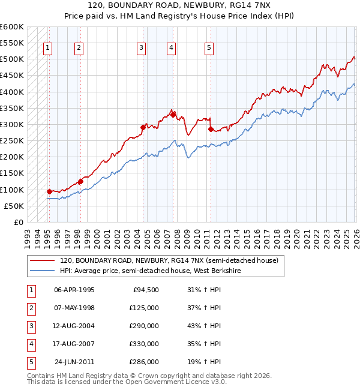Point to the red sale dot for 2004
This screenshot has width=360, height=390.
point(143,127)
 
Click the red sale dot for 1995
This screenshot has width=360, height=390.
point(49,191)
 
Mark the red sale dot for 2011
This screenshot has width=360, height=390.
point(211,129)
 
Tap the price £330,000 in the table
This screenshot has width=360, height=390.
point(145,344)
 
